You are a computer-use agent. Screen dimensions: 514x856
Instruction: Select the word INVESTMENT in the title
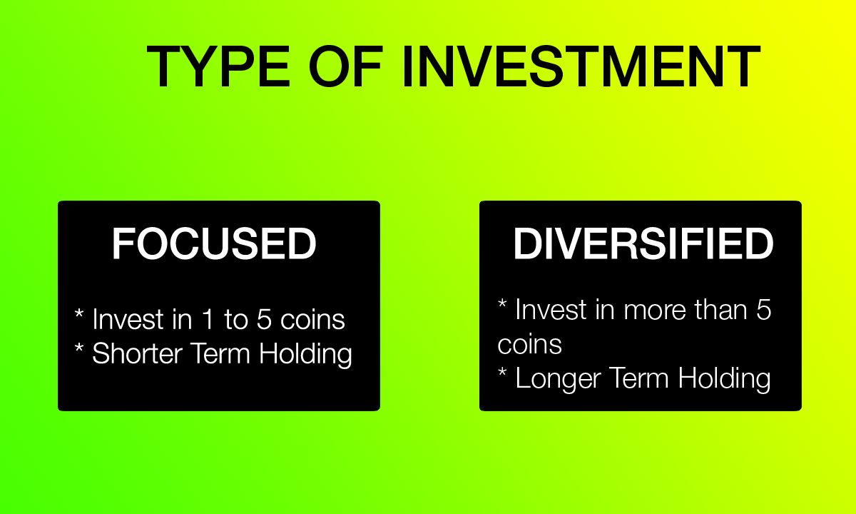(x=580, y=66)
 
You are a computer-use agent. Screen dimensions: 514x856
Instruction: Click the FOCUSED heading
(x=214, y=245)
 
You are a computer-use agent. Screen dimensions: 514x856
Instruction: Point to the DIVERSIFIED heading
(x=643, y=245)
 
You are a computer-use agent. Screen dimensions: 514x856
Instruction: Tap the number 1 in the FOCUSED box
(x=207, y=319)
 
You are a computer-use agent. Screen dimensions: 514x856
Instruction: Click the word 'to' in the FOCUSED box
(x=235, y=320)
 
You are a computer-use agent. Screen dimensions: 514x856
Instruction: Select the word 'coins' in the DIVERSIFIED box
(x=529, y=345)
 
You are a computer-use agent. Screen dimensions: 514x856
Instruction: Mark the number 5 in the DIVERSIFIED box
(x=763, y=310)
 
